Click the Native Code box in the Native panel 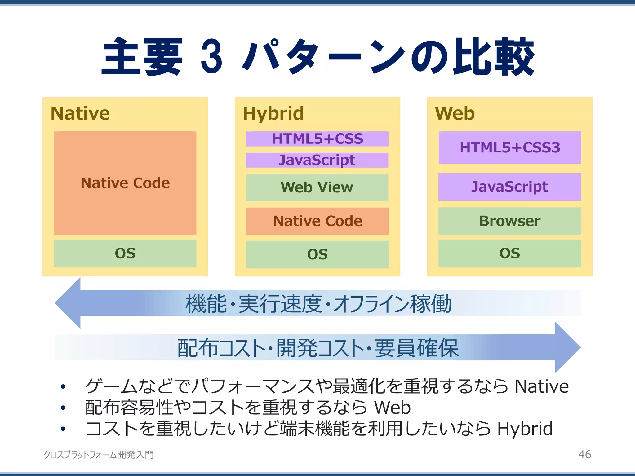[125, 183]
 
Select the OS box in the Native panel [125, 253]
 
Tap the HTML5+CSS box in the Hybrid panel [317, 139]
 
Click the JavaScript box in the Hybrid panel [317, 160]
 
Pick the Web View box [317, 187]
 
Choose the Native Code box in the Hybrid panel [317, 221]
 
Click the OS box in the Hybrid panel [317, 254]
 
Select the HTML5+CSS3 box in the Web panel [510, 148]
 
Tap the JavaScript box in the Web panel [509, 187]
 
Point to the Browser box [509, 221]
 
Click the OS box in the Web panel [509, 253]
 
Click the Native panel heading [80, 113]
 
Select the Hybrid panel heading [273, 113]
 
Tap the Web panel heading [455, 113]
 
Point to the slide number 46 [584, 454]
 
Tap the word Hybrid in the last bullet [525, 429]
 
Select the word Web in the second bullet [392, 407]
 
